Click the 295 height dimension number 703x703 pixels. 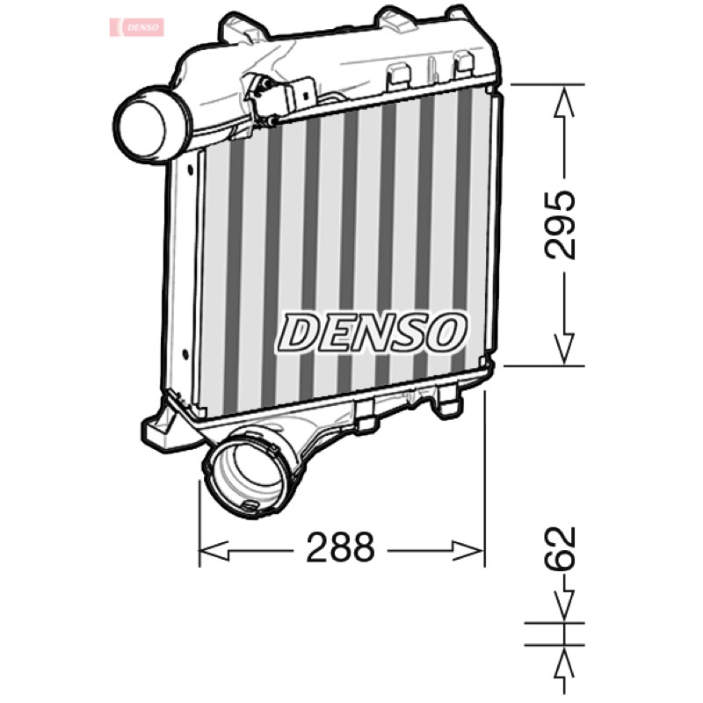[x=560, y=226]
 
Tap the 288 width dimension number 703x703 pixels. [x=340, y=547]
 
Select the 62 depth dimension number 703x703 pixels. [x=560, y=548]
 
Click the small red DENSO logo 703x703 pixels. [x=137, y=27]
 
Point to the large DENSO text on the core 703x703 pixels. [x=371, y=332]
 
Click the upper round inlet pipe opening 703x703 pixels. [x=141, y=124]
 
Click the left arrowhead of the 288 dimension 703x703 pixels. [x=214, y=551]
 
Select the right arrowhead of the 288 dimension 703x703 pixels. [x=468, y=551]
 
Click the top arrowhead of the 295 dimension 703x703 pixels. [x=564, y=101]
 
